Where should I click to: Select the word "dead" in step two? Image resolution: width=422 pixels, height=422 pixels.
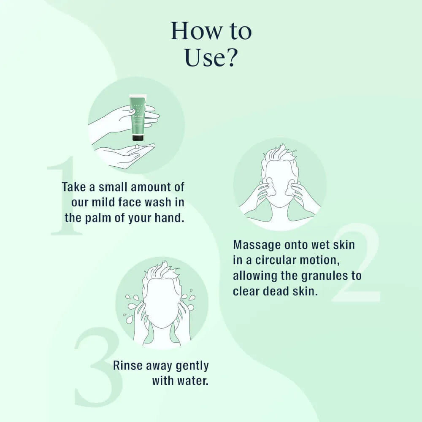click(x=273, y=292)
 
